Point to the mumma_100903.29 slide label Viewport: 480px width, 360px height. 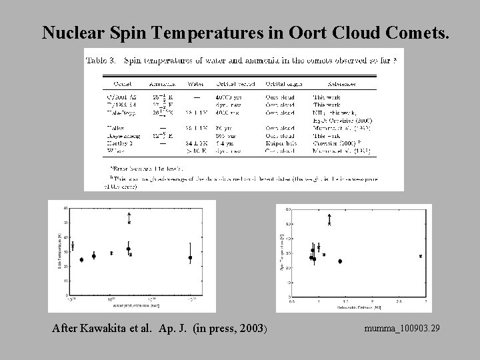point(402,329)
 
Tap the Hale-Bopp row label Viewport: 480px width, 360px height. point(123,113)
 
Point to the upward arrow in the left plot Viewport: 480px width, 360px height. point(129,215)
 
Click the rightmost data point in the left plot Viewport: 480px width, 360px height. point(191,257)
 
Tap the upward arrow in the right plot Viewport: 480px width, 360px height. point(329,217)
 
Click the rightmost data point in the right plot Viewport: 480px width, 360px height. point(421,256)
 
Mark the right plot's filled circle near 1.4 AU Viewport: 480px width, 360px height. point(340,261)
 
